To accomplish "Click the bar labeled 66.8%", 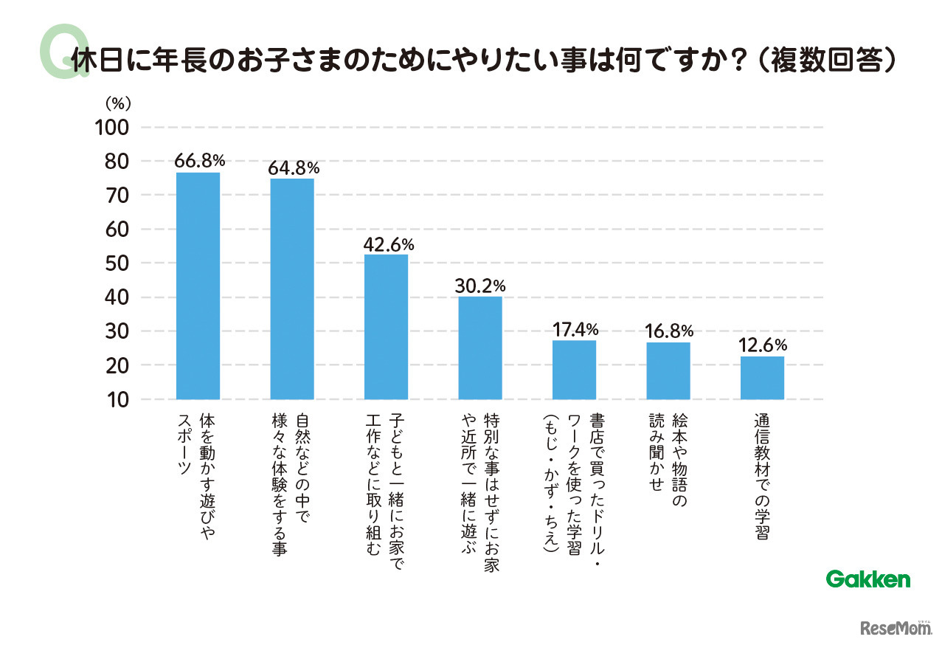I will [x=198, y=286].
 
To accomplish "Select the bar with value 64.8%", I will [x=292, y=289].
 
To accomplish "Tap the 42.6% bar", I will [x=386, y=327].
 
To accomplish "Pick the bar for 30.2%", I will [x=480, y=348].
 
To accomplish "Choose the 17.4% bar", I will [x=574, y=370].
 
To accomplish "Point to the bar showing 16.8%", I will [x=668, y=370].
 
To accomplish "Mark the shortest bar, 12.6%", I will [x=762, y=378].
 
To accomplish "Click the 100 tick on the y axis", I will [x=112, y=127].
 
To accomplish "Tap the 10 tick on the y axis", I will [x=117, y=400].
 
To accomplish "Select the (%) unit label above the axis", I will [x=117, y=102].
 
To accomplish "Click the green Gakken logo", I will [x=868, y=579].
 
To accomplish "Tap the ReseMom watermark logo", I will [x=894, y=627].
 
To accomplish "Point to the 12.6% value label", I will [x=763, y=345].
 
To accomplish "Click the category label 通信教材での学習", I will [x=763, y=480].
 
